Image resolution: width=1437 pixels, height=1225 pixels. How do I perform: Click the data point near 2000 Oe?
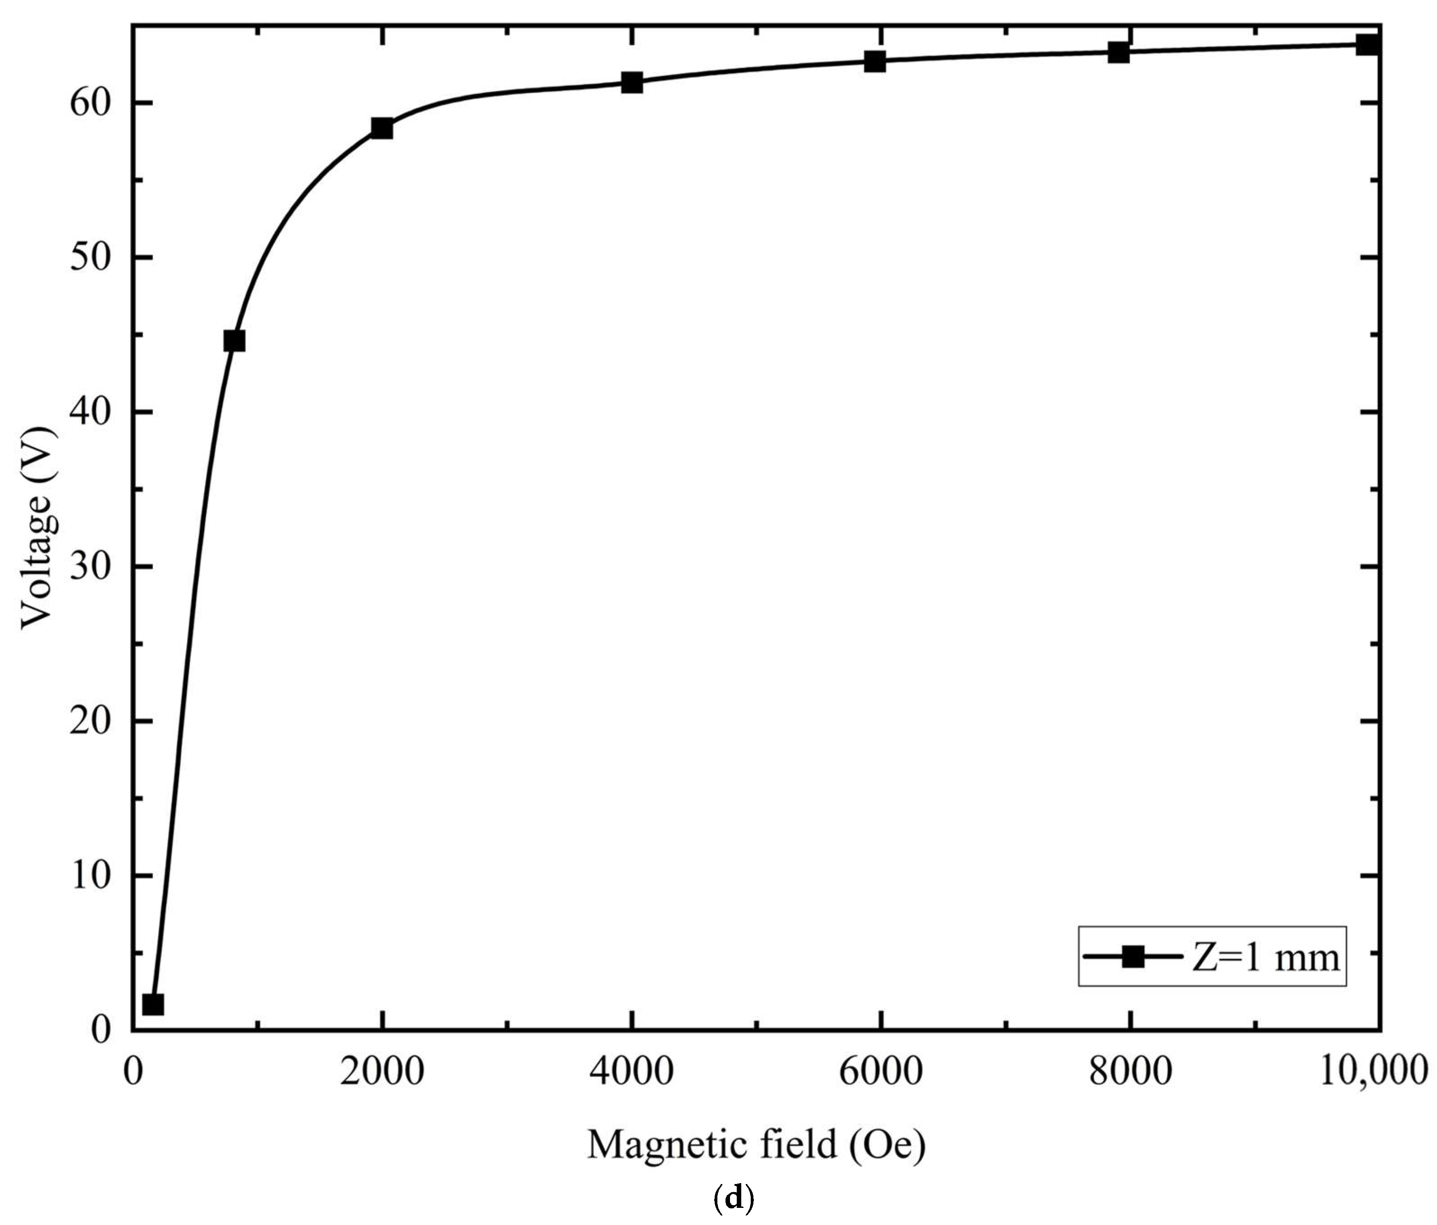[382, 128]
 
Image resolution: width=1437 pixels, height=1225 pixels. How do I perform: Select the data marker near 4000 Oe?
[632, 82]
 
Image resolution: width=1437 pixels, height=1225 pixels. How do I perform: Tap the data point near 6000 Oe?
[875, 61]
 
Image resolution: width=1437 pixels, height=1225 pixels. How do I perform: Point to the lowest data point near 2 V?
[153, 1004]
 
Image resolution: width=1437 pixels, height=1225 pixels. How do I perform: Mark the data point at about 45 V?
[234, 341]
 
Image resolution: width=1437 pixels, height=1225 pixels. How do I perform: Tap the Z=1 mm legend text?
[1266, 958]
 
